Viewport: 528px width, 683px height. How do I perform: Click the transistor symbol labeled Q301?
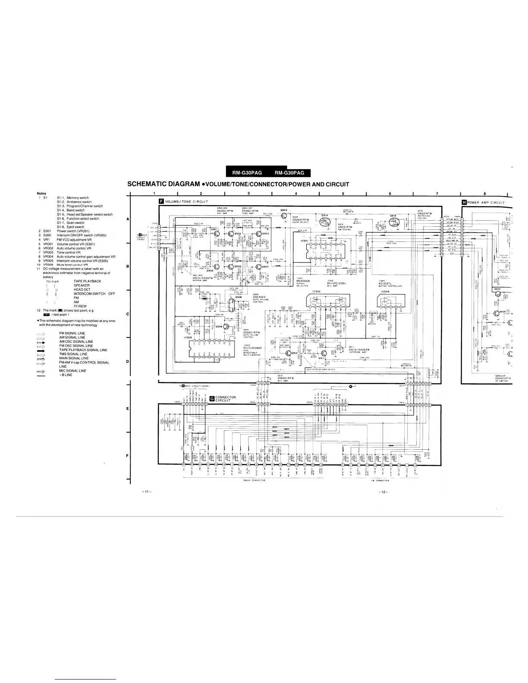(x=217, y=233)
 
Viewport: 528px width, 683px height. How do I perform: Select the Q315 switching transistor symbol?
(x=393, y=222)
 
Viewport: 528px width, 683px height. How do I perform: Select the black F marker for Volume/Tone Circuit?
(x=161, y=201)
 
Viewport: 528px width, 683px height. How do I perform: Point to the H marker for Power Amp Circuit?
(x=465, y=201)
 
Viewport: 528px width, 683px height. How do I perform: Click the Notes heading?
(x=42, y=193)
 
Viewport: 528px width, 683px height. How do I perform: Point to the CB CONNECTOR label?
(x=380, y=480)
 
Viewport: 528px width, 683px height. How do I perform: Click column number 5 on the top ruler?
(x=343, y=194)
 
